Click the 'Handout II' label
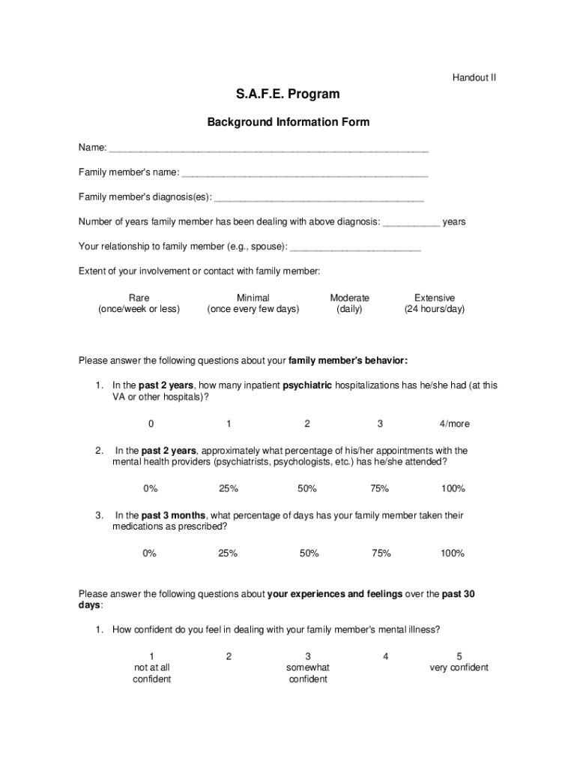tap(474, 77)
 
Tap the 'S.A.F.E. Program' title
tap(288, 94)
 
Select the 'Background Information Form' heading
tap(288, 122)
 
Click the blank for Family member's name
tap(305, 174)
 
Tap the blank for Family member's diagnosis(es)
tap(319, 199)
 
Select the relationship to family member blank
tap(355, 247)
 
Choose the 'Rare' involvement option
tap(139, 298)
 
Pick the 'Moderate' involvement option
tap(349, 298)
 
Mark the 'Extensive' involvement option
tap(435, 298)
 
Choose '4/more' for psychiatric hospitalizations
tap(454, 424)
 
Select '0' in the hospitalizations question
tap(151, 424)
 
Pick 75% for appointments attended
tap(379, 489)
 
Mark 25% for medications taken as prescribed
tap(228, 553)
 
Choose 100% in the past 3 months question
tap(453, 553)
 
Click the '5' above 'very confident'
tap(459, 656)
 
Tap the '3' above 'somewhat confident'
tap(308, 656)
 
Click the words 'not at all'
tap(151, 667)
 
